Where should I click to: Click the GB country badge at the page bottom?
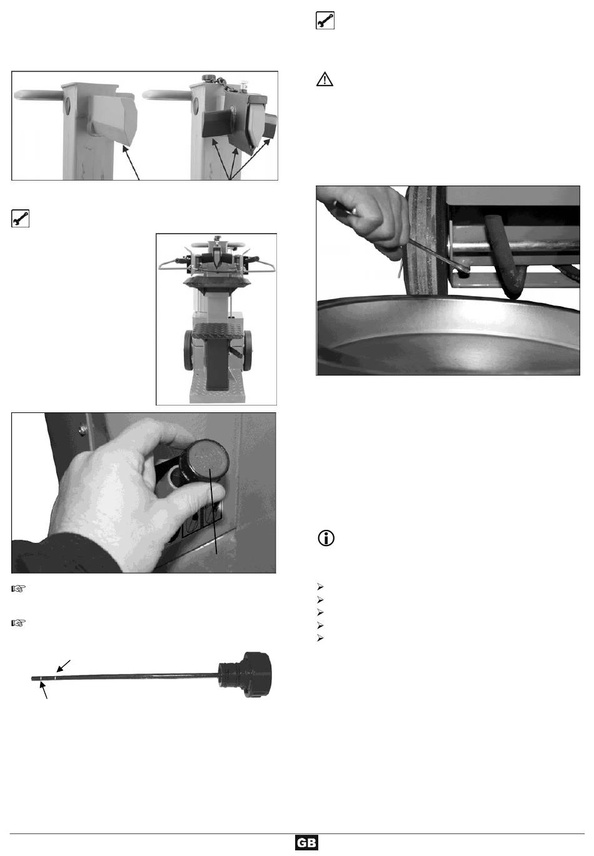(x=306, y=843)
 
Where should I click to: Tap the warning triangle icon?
(x=325, y=79)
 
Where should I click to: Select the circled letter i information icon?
(x=326, y=538)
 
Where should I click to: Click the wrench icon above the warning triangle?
(x=325, y=20)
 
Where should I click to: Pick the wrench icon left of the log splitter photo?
(x=20, y=218)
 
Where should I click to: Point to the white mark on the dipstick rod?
(x=56, y=678)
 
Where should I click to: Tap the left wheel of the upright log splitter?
(x=188, y=351)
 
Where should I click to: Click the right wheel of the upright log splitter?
(x=248, y=351)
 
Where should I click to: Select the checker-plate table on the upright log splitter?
(x=218, y=331)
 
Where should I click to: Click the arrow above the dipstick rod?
(x=64, y=665)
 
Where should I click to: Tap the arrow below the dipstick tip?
(x=44, y=690)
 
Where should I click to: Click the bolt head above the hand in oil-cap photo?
(x=82, y=430)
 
